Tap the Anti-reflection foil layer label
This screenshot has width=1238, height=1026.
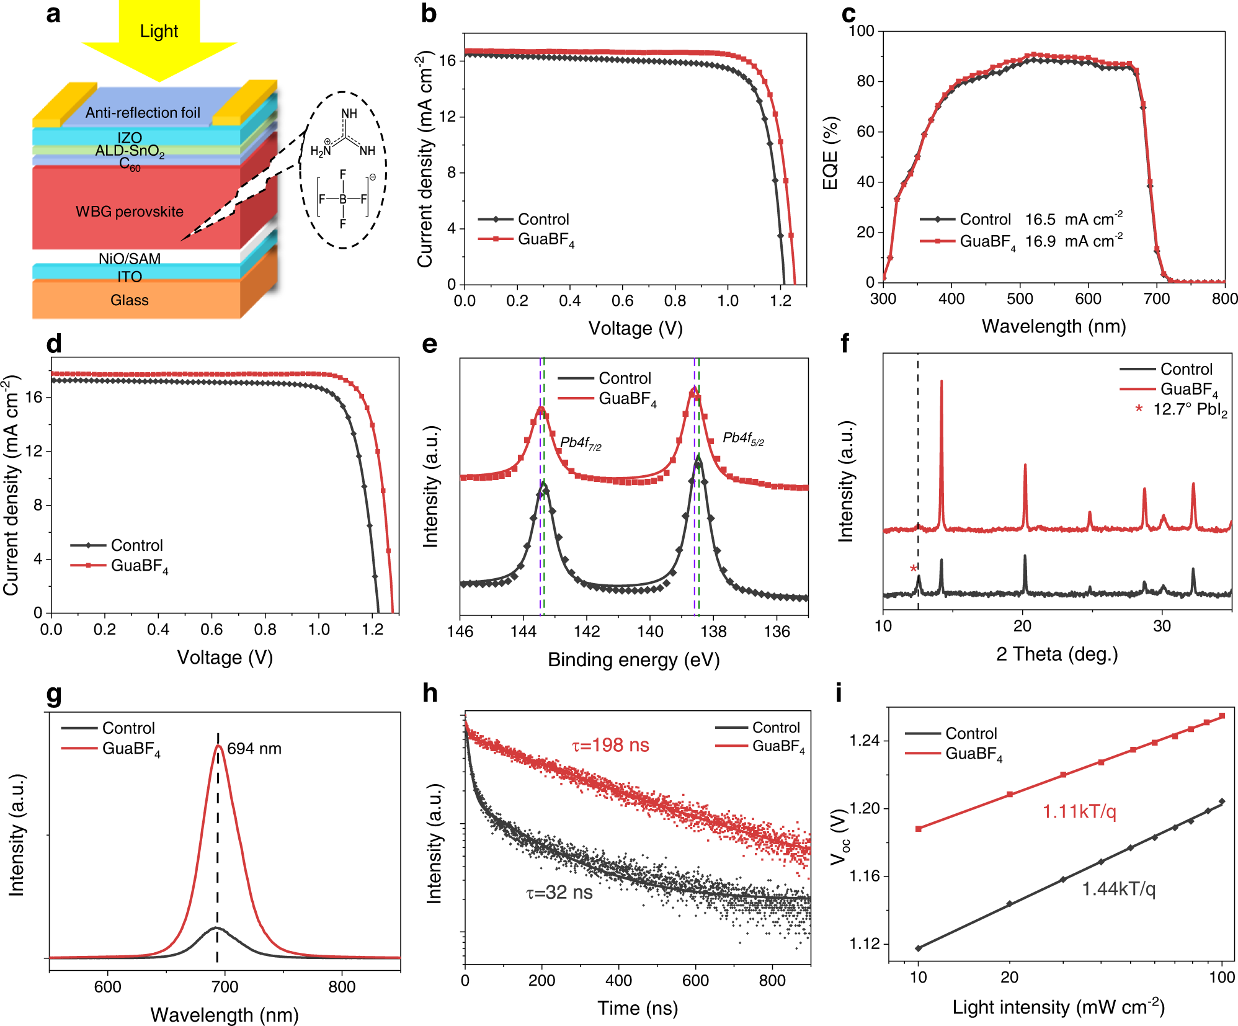pyautogui.click(x=143, y=112)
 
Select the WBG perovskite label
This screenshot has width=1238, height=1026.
pyautogui.click(x=129, y=212)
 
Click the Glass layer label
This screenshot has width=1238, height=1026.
pyautogui.click(x=129, y=300)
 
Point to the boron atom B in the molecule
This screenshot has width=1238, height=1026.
pyautogui.click(x=342, y=199)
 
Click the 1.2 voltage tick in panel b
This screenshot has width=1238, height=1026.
pyautogui.click(x=780, y=301)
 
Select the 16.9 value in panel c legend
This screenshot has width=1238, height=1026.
pyautogui.click(x=1040, y=241)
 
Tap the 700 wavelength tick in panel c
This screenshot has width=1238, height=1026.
pyautogui.click(x=1156, y=299)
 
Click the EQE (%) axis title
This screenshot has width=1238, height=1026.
pyautogui.click(x=831, y=153)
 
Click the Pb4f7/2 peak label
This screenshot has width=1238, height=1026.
pyautogui.click(x=580, y=443)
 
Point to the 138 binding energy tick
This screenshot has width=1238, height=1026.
pyautogui.click(x=713, y=631)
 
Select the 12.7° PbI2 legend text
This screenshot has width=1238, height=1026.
pyautogui.click(x=1190, y=410)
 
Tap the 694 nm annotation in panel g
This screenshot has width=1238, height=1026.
pyautogui.click(x=254, y=749)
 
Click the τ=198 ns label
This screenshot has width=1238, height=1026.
pyautogui.click(x=610, y=745)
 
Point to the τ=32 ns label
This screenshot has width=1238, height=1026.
pyautogui.click(x=559, y=893)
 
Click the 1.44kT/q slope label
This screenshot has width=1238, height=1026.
pyautogui.click(x=1118, y=890)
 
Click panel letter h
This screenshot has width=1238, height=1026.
pyautogui.click(x=430, y=693)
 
